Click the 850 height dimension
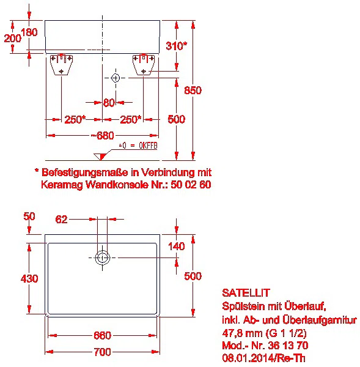point(193,91)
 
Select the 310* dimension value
point(177,46)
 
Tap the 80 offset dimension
point(109,103)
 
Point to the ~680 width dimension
point(103,136)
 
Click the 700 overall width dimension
point(102,352)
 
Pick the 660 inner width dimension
point(102,335)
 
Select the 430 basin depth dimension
point(29,278)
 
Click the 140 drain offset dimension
point(177,247)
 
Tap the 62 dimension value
point(61,220)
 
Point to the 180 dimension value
point(29,32)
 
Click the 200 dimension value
point(13,38)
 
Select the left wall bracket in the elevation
point(62,65)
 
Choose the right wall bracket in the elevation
point(144,65)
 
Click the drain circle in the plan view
point(103,258)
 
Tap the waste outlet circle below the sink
point(116,78)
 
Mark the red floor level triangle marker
point(101,157)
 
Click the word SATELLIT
point(246,293)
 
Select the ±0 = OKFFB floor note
point(138,146)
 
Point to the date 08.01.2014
point(248,358)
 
